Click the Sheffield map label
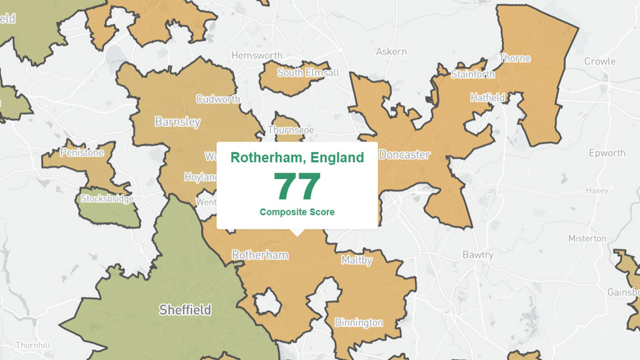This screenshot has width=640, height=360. [x=185, y=310]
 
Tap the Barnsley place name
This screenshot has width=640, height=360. [x=178, y=122]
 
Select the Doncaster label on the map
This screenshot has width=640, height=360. [x=404, y=155]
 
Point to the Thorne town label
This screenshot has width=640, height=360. [x=515, y=58]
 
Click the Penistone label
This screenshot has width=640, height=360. [x=81, y=153]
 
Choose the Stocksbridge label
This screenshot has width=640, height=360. [x=107, y=199]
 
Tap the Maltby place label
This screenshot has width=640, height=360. [x=356, y=260]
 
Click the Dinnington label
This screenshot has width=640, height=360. [x=359, y=322]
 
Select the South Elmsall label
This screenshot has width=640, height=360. [x=308, y=73]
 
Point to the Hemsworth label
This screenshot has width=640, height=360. [x=257, y=55]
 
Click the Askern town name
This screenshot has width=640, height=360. [x=391, y=52]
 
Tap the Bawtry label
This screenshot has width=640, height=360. [x=478, y=254]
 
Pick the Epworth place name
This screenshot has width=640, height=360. [x=607, y=153]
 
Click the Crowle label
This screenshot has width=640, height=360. [x=600, y=61]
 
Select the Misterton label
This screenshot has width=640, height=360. [x=587, y=238]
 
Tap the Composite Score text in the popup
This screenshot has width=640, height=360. [x=297, y=212]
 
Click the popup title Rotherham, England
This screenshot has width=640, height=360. [x=297, y=157]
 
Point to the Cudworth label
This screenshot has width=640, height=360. [x=218, y=99]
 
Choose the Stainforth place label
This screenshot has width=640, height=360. [x=473, y=74]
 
